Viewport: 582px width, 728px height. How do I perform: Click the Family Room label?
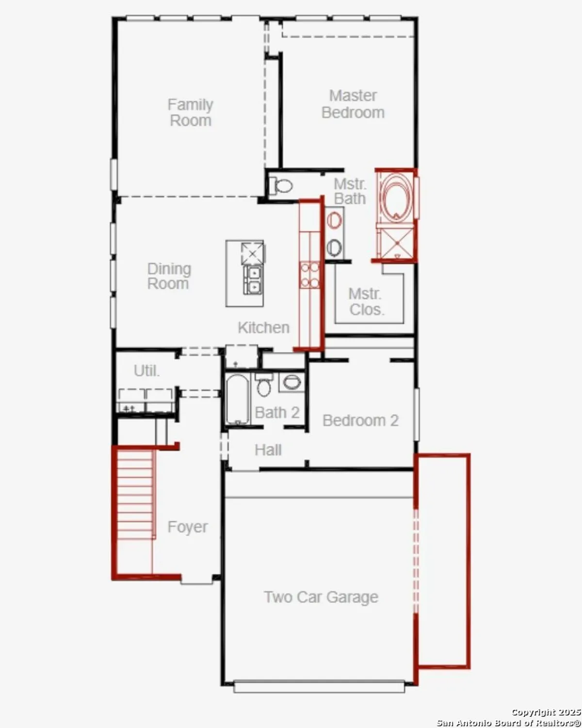click(x=190, y=113)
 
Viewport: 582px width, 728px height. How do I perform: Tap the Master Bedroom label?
click(x=353, y=104)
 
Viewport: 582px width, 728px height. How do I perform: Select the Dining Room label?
click(x=169, y=276)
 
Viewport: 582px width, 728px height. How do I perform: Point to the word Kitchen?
click(x=263, y=328)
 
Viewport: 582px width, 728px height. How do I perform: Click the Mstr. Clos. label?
click(x=366, y=301)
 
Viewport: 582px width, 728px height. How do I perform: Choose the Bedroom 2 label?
click(x=360, y=420)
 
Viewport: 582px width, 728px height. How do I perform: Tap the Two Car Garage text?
click(x=321, y=597)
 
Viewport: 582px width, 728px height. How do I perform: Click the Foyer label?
click(x=187, y=527)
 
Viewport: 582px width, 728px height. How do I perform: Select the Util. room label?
click(x=146, y=371)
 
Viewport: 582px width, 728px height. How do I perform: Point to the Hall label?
click(x=268, y=450)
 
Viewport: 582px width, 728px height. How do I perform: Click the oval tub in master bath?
click(x=396, y=197)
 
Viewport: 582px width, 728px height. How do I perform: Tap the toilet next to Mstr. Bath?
click(x=281, y=185)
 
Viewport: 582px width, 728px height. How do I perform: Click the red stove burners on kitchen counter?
click(x=309, y=275)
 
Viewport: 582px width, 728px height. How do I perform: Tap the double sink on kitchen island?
click(x=253, y=280)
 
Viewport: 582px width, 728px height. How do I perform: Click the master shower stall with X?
click(x=396, y=243)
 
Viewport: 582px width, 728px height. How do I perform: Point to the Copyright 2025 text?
click(x=546, y=712)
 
